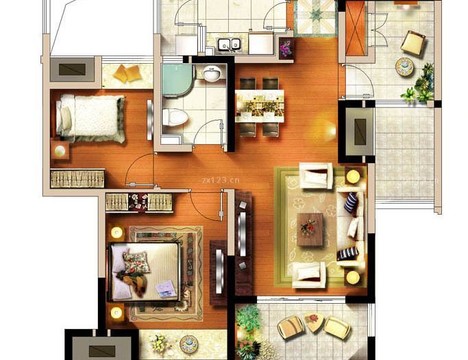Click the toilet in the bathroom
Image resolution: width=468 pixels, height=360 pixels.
click(175, 117)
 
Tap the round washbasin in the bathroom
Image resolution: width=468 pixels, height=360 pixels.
click(212, 73)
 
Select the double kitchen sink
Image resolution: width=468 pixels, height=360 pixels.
click(229, 44)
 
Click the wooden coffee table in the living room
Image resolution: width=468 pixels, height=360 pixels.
click(310, 229)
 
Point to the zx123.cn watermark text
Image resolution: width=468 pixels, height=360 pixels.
click(221, 180)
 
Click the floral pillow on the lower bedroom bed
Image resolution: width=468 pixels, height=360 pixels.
click(136, 263)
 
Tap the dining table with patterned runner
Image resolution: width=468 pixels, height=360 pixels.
click(260, 106)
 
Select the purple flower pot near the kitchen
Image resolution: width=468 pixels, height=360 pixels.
click(286, 48)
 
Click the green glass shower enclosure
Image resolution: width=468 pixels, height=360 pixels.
click(177, 80)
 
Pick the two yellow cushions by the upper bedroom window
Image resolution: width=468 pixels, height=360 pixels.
click(127, 73)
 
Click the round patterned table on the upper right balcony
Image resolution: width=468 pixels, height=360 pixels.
click(404, 66)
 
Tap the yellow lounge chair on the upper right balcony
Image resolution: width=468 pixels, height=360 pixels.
click(413, 43)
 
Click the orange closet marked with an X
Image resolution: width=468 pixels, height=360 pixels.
click(355, 28)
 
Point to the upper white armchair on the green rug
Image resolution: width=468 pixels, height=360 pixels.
click(316, 176)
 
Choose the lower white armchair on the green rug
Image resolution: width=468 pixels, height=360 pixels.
click(309, 274)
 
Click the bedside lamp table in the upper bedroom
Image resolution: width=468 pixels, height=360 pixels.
click(60, 150)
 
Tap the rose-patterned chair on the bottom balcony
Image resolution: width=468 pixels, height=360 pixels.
click(314, 322)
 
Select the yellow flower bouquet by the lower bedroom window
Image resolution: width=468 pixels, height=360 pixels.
click(159, 343)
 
